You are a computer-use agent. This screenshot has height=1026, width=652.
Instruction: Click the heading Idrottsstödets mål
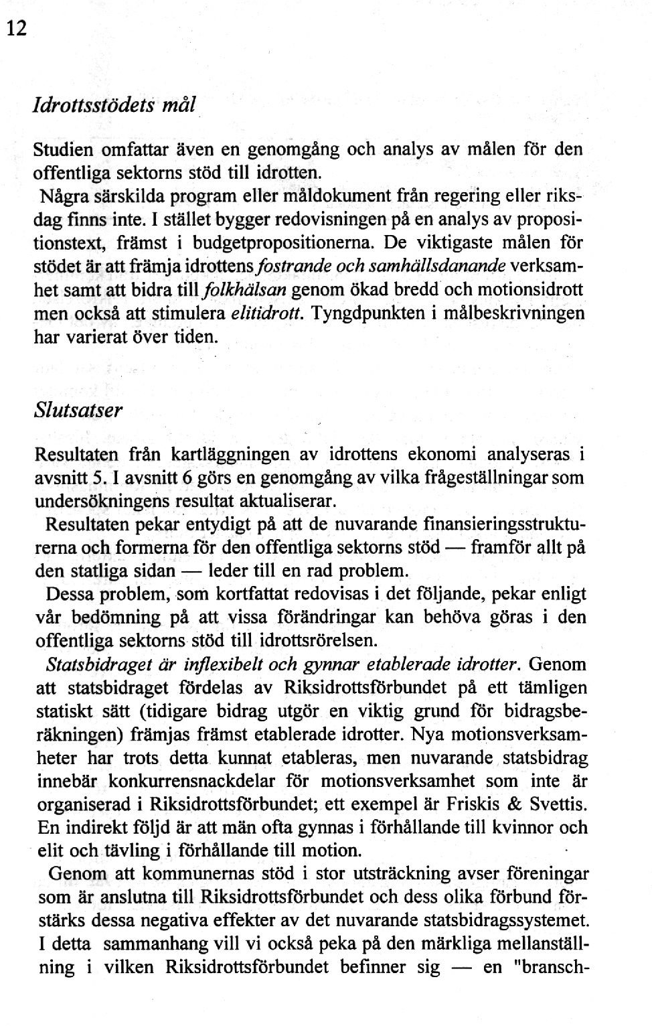click(x=113, y=105)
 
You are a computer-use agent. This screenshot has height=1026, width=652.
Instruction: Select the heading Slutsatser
click(x=77, y=411)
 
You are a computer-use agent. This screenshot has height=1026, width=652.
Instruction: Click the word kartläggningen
click(x=230, y=455)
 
